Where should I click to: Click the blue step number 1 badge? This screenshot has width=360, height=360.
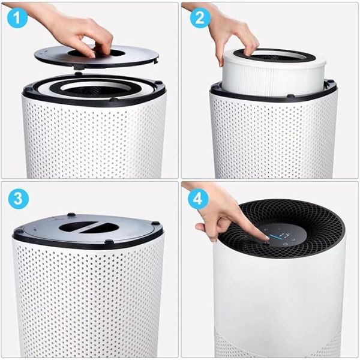coord(17,17)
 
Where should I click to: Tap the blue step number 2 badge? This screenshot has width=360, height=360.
coord(200,17)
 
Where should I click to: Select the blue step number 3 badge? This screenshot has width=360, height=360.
coord(19,199)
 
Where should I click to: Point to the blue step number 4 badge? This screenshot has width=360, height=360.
coord(198,199)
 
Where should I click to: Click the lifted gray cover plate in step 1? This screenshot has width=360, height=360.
coord(97,56)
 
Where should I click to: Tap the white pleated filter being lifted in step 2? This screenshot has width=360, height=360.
coord(274,71)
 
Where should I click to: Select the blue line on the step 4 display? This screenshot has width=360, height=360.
coord(273,237)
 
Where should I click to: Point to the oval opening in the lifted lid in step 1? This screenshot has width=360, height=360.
coord(97,53)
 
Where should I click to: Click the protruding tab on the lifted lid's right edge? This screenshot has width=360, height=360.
coord(156,61)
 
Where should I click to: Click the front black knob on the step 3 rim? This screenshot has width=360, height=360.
coord(109,241)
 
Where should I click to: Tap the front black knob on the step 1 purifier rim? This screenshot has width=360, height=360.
coord(114,100)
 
